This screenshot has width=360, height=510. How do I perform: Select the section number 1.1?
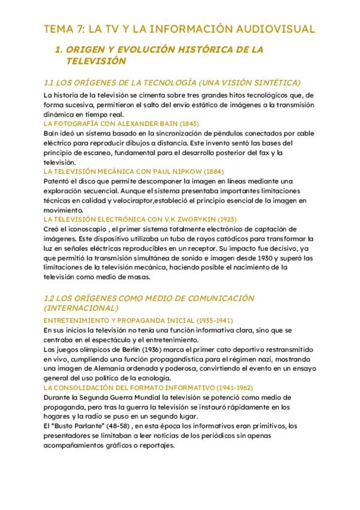50,82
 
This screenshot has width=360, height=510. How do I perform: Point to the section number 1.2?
50,298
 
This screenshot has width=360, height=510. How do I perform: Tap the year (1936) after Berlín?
140,349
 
